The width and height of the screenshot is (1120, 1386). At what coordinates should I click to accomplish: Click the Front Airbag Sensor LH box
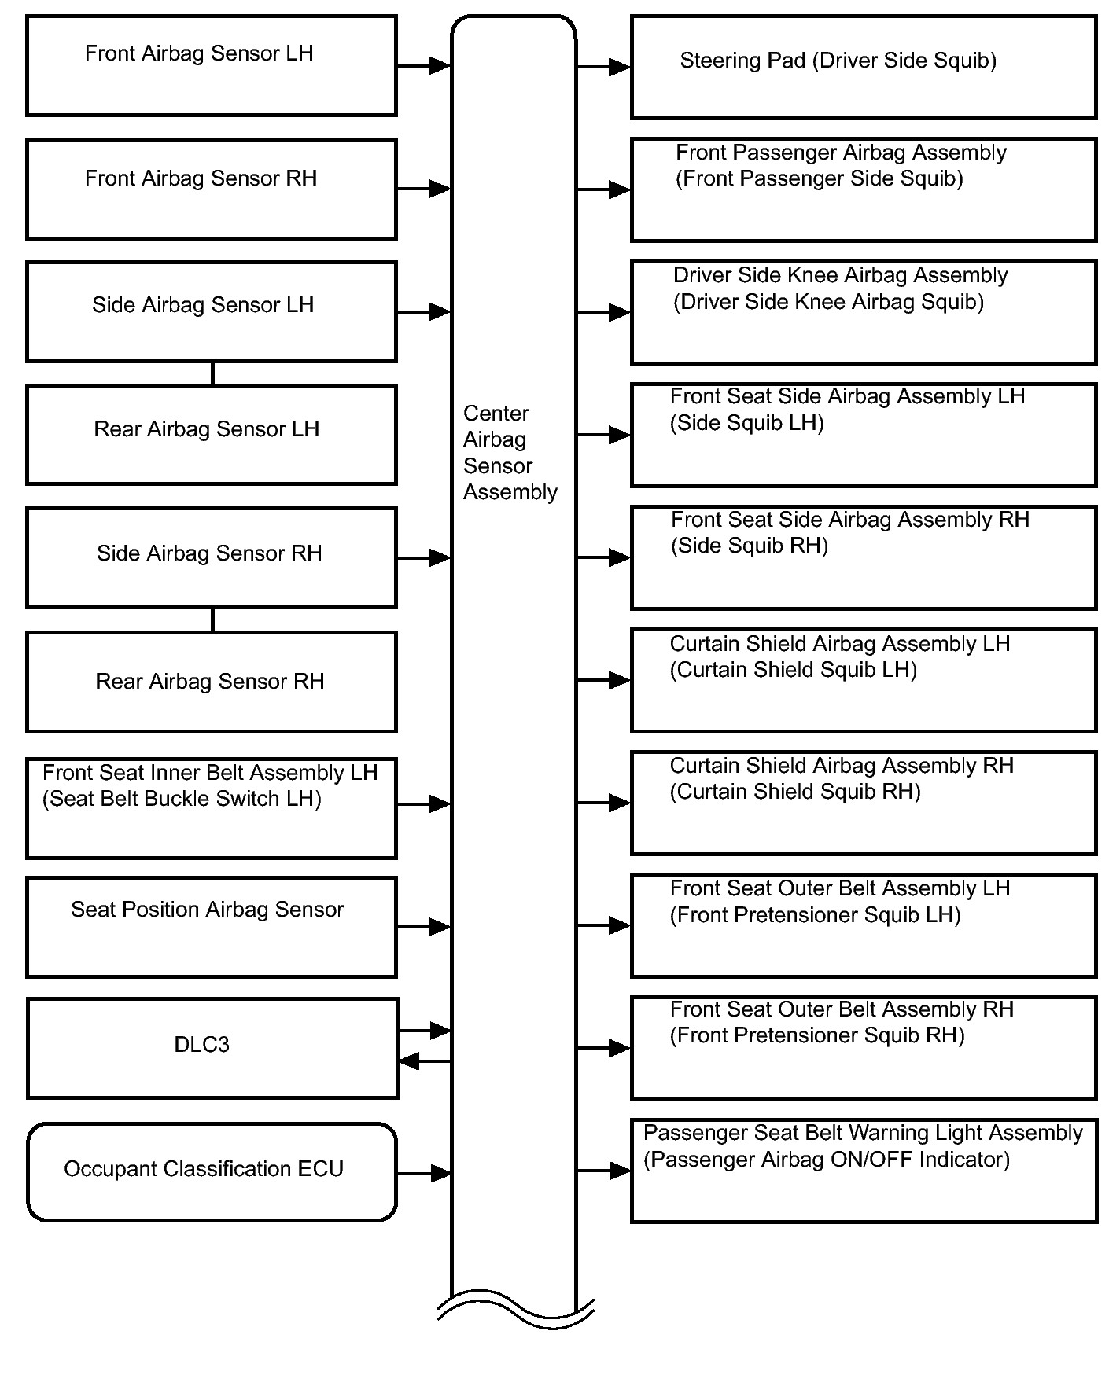coord(211,66)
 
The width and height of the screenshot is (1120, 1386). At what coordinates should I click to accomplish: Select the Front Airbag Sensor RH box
coord(211,189)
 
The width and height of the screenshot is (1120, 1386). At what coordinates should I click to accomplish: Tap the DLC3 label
coord(201,1045)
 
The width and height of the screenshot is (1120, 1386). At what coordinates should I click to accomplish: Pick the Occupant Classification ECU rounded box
coord(211,1172)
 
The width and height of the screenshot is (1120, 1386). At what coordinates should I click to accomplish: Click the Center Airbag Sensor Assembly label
coord(510,453)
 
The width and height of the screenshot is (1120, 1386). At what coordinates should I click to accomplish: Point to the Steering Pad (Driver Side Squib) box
coord(863,68)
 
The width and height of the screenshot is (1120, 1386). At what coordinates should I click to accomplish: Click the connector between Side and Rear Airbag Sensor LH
coord(212,373)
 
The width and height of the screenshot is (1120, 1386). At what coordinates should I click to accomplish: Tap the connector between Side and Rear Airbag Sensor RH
coord(212,619)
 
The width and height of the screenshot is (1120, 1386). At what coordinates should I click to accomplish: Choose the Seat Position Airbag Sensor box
coord(211,928)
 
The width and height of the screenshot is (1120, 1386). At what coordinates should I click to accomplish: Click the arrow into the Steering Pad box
coord(603,68)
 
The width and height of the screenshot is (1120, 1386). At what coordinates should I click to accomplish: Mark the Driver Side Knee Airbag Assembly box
coord(863,312)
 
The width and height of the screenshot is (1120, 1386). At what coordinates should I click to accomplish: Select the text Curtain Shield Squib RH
coord(794,792)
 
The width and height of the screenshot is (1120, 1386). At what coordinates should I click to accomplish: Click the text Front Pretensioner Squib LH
coord(815,915)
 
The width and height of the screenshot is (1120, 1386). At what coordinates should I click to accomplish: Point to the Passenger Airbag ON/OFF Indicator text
coord(826,1160)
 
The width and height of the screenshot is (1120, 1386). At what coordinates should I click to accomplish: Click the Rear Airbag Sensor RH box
coord(211,682)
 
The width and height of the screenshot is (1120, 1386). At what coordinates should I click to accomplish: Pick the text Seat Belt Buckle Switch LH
coord(182,799)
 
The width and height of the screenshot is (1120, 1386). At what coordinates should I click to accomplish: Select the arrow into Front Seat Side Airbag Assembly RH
coord(603,557)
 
